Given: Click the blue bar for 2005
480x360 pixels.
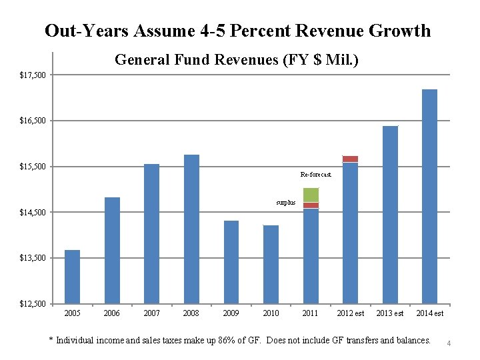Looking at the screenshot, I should [x=72, y=277].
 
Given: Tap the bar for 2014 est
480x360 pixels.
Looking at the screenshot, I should [x=429, y=196].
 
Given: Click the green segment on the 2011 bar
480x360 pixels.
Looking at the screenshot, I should [x=311, y=195].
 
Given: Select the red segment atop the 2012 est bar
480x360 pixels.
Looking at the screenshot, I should [x=350, y=159].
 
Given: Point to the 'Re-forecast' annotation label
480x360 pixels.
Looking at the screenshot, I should [x=315, y=175].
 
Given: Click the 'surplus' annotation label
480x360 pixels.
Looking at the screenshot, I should [x=285, y=203].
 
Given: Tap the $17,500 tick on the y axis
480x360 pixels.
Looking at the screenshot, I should [x=33, y=75].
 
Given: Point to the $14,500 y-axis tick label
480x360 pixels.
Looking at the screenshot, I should [x=33, y=213].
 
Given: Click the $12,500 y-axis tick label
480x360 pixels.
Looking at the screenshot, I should [x=33, y=304].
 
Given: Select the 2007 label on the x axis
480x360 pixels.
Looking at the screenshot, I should [x=151, y=313].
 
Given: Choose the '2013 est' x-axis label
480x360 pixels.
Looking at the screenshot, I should [x=389, y=313].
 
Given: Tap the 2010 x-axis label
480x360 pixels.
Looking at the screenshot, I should [x=271, y=313].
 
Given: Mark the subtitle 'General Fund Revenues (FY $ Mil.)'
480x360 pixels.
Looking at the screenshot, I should [x=237, y=60].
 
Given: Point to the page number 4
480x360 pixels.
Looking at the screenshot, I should [x=449, y=343].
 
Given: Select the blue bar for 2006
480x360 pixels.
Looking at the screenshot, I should [x=112, y=250].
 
